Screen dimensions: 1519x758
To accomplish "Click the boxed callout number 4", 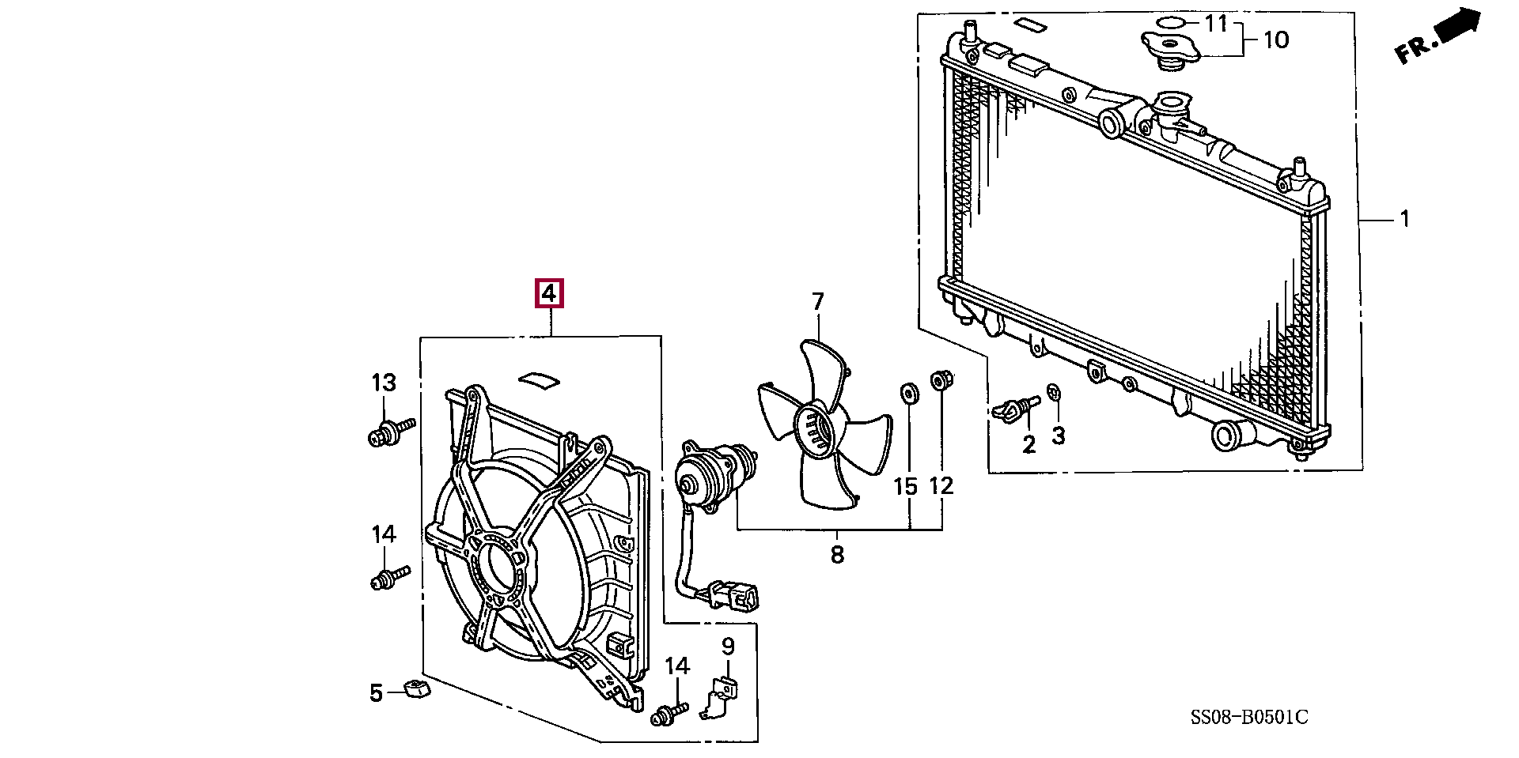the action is pos(549,294).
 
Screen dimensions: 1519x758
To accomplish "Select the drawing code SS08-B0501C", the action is pos(1249,718).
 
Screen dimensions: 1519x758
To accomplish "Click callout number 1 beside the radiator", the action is pos(1405,218).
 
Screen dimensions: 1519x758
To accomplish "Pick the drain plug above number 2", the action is pos(1013,409).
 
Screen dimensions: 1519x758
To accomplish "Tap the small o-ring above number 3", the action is pos(1054,393).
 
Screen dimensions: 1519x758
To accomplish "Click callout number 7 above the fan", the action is pos(817,301).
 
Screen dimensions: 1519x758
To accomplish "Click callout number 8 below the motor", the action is pos(837,555).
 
